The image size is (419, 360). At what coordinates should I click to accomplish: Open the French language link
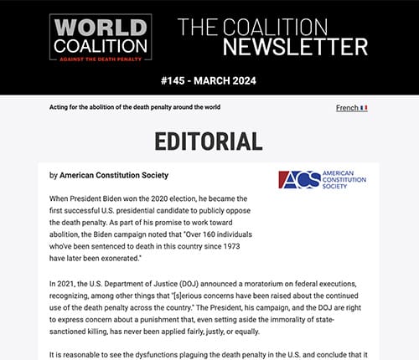coord(346,108)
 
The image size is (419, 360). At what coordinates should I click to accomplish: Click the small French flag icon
coord(364,108)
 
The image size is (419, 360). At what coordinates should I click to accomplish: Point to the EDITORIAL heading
coord(209,141)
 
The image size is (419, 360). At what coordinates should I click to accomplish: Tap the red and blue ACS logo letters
coord(295,180)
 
